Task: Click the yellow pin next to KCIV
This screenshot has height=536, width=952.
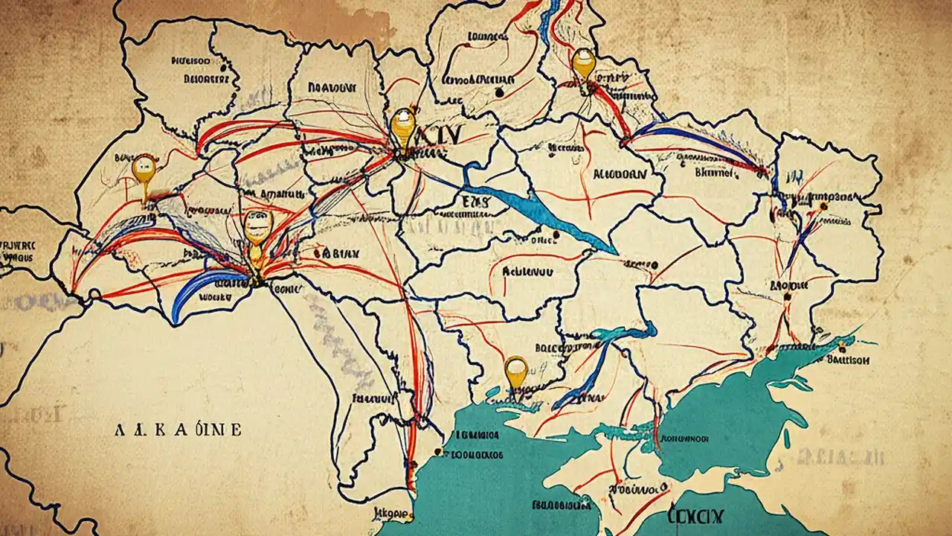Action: pos(402,127)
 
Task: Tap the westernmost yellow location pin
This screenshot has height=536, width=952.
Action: pos(143,169)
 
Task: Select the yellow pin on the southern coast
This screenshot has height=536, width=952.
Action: pos(515,369)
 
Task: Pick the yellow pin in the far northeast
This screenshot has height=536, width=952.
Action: pos(584,63)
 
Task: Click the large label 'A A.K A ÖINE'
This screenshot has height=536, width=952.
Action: pos(178,430)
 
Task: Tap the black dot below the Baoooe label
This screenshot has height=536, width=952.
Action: pos(787,296)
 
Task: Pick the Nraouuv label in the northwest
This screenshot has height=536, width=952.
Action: pos(332,87)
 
